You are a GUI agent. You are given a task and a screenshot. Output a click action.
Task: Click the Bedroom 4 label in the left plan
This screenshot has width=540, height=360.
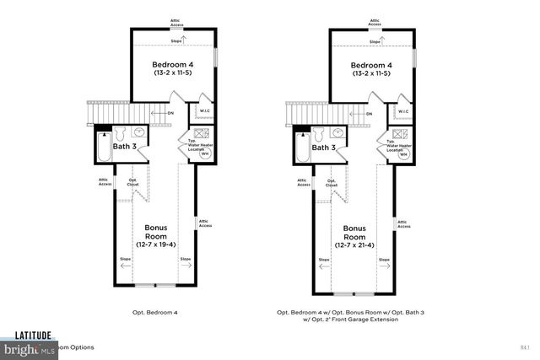pos(174,65)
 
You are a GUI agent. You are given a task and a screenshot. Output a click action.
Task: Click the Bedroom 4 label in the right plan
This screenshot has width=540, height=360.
pos(371,65)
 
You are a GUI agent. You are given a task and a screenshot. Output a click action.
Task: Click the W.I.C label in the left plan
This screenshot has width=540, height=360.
pos(204,110)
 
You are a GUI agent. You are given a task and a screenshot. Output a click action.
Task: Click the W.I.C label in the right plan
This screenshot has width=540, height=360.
pos(403,110)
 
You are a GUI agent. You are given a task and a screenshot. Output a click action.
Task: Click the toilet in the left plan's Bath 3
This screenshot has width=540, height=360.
pos(120,133)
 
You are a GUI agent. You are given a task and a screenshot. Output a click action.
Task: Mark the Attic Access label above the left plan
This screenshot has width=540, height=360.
pos(175,21)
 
